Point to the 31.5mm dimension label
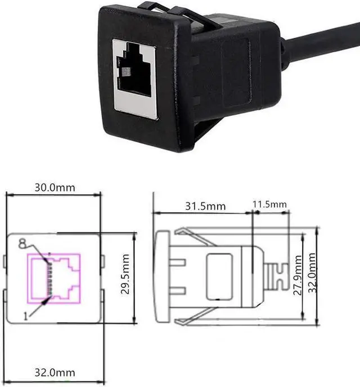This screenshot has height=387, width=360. (205, 206)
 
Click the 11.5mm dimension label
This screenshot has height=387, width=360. (269, 203)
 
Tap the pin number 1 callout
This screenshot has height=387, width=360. (25, 316)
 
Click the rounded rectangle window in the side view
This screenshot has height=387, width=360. (219, 276)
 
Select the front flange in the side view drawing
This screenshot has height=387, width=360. (161, 276)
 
